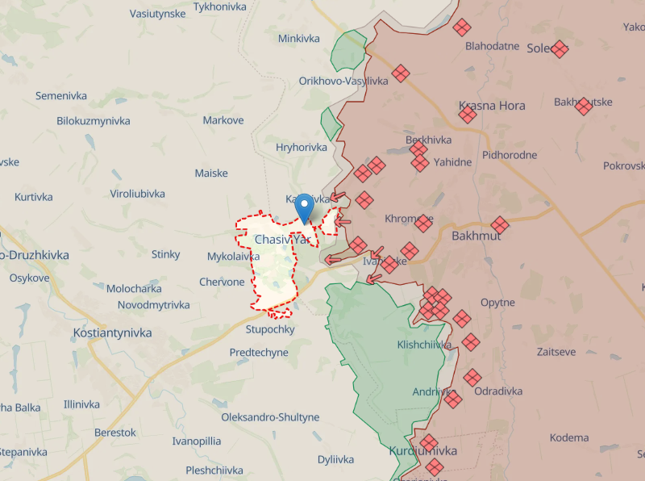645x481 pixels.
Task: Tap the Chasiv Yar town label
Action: point(282,240)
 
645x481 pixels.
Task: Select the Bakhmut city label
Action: point(476,236)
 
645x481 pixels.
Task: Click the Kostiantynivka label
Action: point(108,333)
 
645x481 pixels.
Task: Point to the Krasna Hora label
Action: point(492,106)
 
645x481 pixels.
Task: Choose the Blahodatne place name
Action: point(492,46)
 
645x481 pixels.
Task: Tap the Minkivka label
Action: point(298,38)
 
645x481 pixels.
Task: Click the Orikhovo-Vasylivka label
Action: point(343,81)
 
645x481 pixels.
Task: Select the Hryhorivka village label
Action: point(302,147)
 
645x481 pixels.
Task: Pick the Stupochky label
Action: point(270,329)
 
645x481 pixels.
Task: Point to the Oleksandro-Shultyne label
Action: point(270,417)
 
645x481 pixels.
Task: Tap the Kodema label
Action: point(569,437)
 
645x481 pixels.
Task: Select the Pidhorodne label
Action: point(510,154)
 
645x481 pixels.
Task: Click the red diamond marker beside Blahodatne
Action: point(462,27)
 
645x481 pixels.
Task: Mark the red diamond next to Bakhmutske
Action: point(584,106)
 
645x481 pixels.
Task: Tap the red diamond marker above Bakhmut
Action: point(500,224)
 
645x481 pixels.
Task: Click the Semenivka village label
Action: point(60,95)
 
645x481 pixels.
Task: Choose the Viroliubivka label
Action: point(137,194)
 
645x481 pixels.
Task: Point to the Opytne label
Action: point(497,303)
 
